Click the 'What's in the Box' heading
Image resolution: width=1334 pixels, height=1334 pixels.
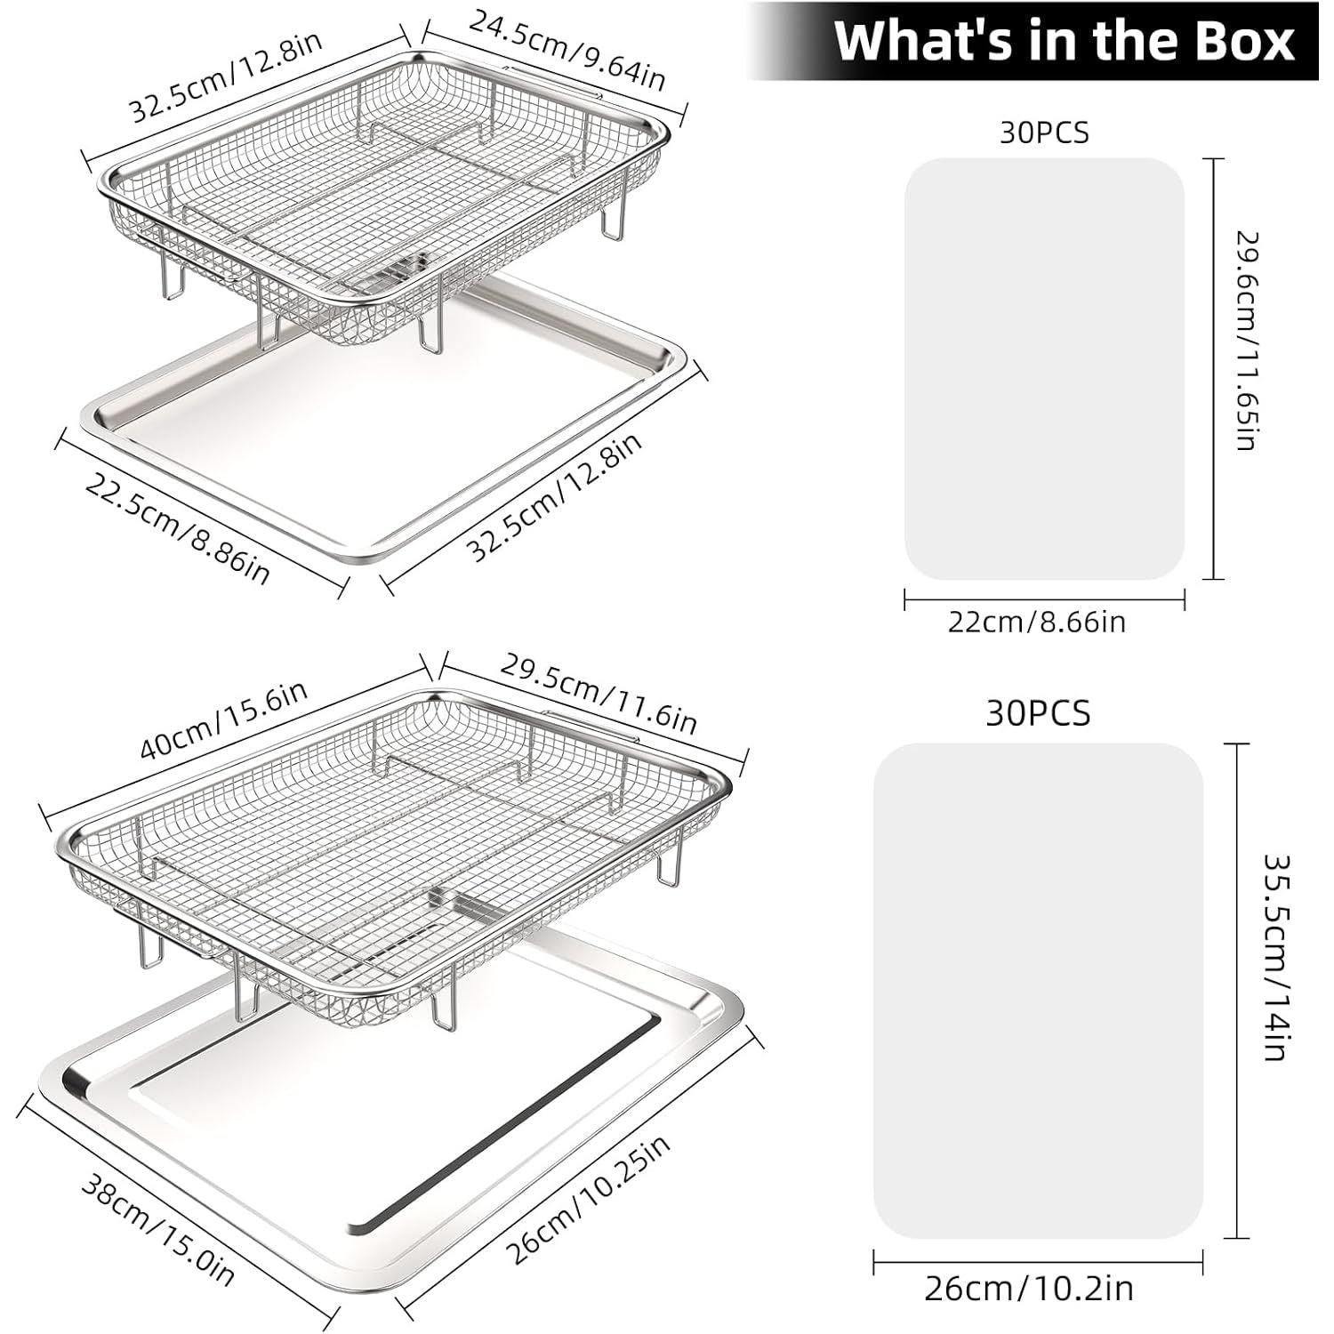point(1064,41)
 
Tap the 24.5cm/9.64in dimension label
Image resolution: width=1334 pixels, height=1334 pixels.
point(567,51)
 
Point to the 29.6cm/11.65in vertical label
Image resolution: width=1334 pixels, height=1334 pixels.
point(1246,341)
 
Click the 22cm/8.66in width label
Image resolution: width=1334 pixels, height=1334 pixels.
point(1036,621)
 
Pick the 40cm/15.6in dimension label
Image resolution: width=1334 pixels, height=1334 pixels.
point(224,720)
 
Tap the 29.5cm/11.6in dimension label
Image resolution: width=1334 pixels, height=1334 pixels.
point(597,694)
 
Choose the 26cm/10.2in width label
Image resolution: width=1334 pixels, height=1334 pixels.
point(1029,1289)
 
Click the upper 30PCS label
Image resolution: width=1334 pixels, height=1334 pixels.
point(1044,133)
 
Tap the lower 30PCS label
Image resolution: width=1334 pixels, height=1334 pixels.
point(1038,713)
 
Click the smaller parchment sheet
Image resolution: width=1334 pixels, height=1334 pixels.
point(1045,369)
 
